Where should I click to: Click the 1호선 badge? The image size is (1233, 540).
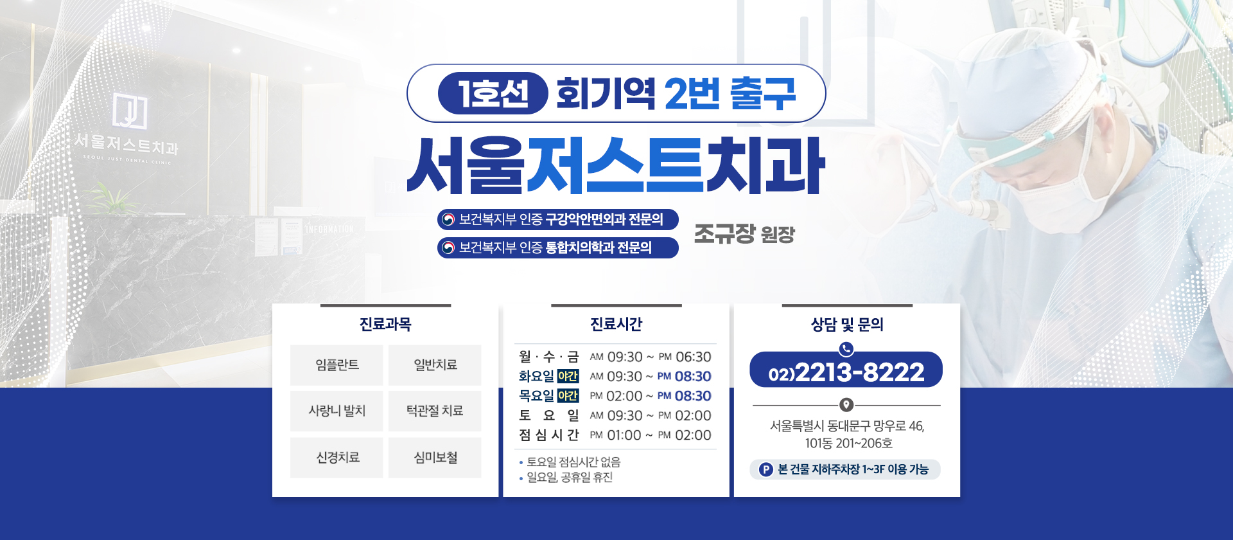pos(493,93)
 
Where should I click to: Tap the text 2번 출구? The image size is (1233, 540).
pos(730,93)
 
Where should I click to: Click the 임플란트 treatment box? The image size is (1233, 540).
pos(337,365)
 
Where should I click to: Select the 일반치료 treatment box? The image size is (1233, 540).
pos(435,365)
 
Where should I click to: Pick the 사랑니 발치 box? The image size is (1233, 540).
pos(337,411)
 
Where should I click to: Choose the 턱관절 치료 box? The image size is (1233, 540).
pos(435,411)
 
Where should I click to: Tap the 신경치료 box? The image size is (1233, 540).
pos(337,458)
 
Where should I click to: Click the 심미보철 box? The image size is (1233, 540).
pos(435,458)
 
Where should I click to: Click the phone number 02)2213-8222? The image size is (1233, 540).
pos(846,372)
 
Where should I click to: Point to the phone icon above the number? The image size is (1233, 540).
pos(846,349)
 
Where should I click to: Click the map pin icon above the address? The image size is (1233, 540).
pos(846,405)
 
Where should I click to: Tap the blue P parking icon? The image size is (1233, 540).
pos(765,469)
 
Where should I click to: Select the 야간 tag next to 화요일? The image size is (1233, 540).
pos(568,376)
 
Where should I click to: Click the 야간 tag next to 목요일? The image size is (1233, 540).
pos(568,396)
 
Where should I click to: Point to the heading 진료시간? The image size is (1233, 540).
pos(616,324)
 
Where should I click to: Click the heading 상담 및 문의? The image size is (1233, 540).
pos(847,324)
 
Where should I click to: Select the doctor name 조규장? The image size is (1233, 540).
pos(724,233)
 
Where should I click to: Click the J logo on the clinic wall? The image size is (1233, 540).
pos(130,110)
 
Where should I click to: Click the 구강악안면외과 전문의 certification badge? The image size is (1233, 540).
pos(558,219)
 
